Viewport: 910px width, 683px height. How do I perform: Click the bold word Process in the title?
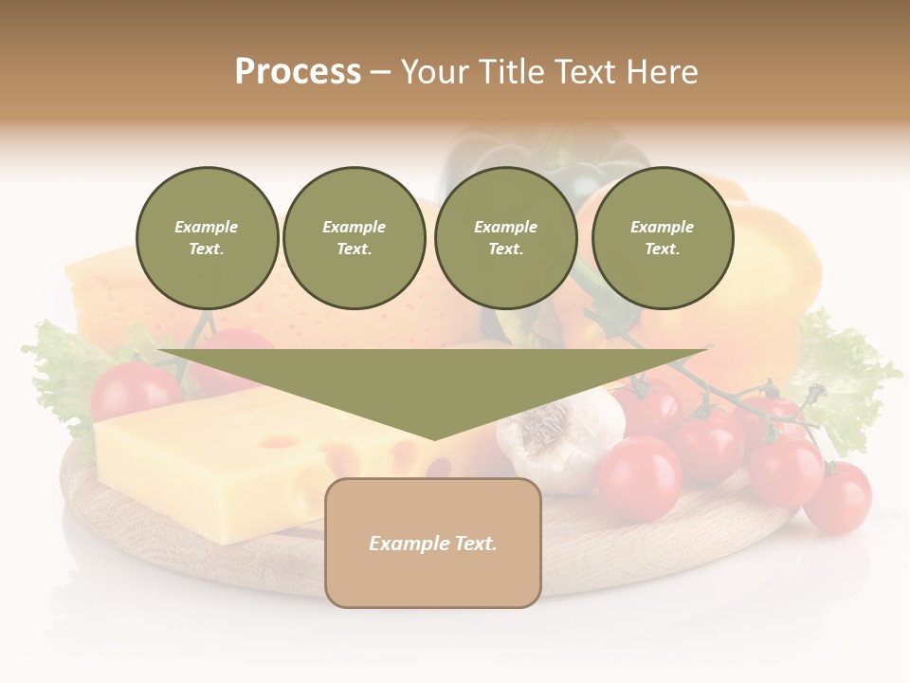(x=298, y=72)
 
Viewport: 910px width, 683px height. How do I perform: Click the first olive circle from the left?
(x=208, y=238)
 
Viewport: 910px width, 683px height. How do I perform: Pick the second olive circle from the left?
(x=355, y=238)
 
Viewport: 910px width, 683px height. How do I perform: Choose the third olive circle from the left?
(x=505, y=238)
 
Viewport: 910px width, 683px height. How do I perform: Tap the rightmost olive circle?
(x=663, y=238)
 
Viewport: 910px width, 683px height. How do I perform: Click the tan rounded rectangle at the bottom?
(x=433, y=543)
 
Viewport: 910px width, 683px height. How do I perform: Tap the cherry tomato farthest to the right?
(x=838, y=496)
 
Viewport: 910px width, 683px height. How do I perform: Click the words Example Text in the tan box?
(x=433, y=544)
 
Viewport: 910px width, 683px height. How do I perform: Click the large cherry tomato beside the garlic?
(x=640, y=477)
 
